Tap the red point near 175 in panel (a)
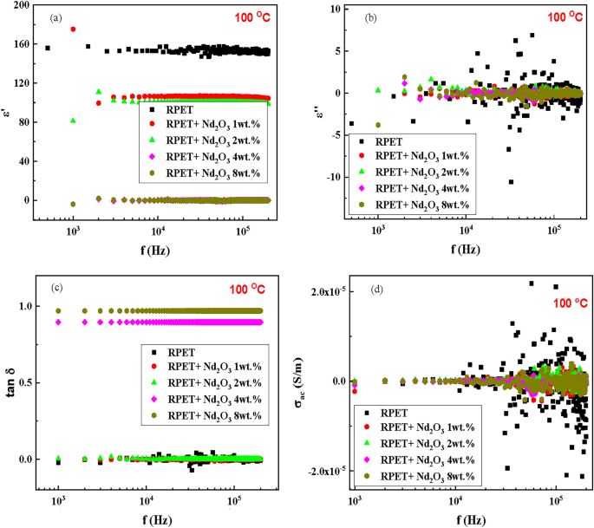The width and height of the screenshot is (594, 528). tap(73, 29)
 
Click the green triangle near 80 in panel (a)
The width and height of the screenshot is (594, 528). tap(73, 121)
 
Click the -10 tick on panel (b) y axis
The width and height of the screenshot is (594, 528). tap(334, 178)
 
